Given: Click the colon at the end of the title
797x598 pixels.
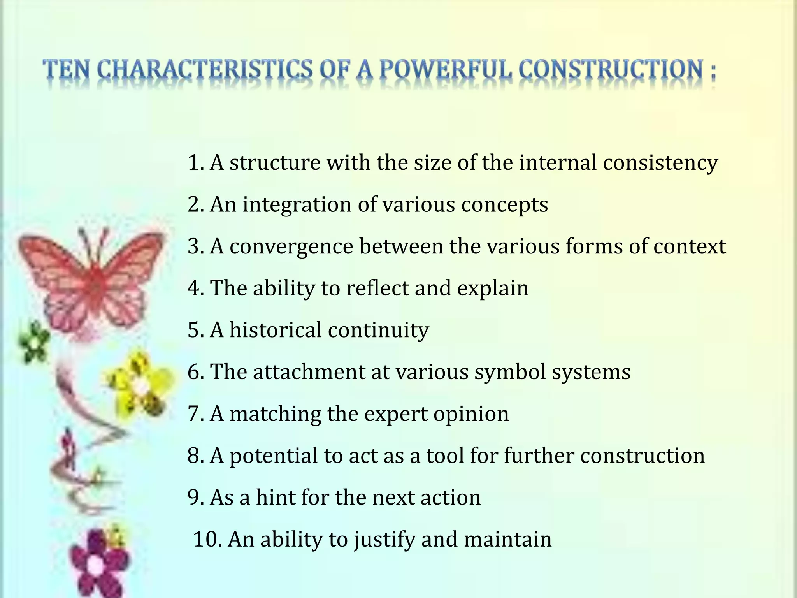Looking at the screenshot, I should tap(712, 72).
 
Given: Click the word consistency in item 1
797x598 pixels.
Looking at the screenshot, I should tap(660, 163).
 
